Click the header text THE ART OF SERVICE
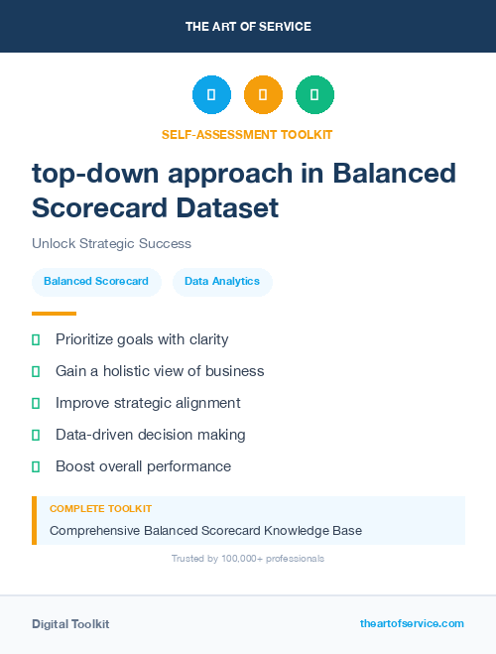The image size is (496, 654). (x=248, y=26)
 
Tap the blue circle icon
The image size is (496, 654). (x=211, y=94)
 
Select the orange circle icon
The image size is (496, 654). (x=263, y=94)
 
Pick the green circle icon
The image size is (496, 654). (x=314, y=94)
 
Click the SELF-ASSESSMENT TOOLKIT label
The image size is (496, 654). (x=247, y=134)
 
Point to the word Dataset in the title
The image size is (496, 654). (x=230, y=207)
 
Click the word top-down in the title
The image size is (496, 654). (x=92, y=174)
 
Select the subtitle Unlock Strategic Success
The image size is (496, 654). (x=111, y=243)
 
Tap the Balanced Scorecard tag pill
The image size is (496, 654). (x=96, y=281)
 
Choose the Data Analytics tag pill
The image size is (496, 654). (x=222, y=281)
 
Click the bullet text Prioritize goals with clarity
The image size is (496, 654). (x=142, y=339)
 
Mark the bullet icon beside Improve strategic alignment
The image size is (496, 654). (x=36, y=403)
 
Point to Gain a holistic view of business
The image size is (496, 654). (x=160, y=371)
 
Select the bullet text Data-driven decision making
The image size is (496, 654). (x=150, y=435)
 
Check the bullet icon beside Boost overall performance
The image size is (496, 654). (x=36, y=466)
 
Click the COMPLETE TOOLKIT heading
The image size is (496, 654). (x=100, y=508)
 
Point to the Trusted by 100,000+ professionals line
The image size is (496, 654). (x=248, y=559)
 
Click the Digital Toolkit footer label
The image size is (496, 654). (x=70, y=623)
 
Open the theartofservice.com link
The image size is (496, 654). (x=412, y=623)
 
